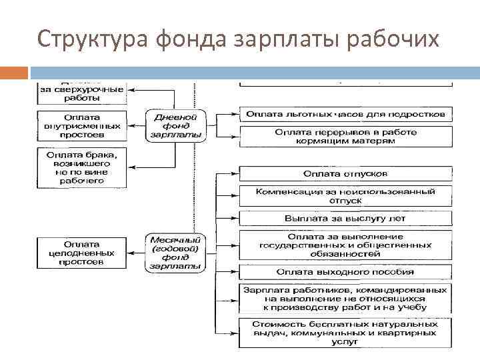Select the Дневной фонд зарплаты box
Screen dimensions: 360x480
[176, 123]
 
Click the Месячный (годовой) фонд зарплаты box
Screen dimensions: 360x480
[176, 253]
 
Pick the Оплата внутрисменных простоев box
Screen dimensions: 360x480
[82, 125]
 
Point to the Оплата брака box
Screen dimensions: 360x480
[82, 167]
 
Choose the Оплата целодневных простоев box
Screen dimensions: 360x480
[82, 253]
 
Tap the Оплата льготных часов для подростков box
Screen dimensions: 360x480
[345, 114]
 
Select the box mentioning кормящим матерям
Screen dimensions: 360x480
[345, 137]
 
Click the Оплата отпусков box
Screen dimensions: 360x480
[345, 174]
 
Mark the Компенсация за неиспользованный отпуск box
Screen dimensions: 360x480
[345, 196]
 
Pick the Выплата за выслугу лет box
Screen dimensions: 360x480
[345, 218]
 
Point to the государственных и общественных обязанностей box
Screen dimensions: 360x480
[345, 245]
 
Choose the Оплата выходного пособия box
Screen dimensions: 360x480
[345, 272]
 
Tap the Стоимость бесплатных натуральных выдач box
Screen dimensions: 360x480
[345, 332]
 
